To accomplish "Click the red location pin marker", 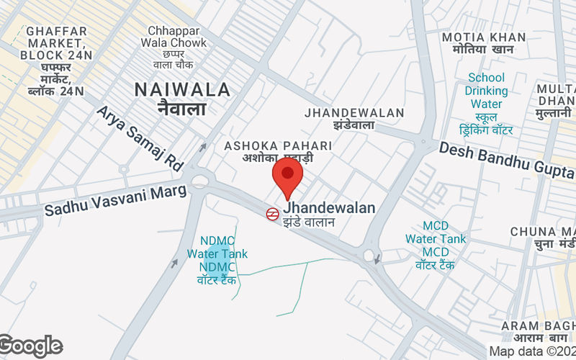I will tap(287, 177).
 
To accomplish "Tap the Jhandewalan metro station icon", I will tap(272, 213).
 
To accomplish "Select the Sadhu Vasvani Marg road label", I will tap(115, 200).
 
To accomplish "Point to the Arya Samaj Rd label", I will tap(140, 138).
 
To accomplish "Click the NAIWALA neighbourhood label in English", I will tap(183, 90).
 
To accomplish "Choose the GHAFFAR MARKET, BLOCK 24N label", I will tap(56, 43).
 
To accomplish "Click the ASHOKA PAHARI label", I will tap(278, 145).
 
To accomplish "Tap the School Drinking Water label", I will tap(486, 91).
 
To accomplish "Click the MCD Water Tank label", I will tap(435, 238).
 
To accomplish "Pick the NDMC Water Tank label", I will tap(217, 253).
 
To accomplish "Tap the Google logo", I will tap(30, 346).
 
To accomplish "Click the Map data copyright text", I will tap(531, 351).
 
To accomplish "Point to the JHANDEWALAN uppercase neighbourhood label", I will tap(354, 113).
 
